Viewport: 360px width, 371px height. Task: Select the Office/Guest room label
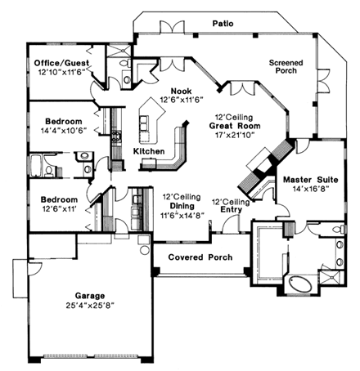point(62,63)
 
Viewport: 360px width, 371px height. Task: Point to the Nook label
point(182,91)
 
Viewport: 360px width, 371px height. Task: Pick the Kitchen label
point(149,152)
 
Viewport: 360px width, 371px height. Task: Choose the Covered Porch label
point(200,257)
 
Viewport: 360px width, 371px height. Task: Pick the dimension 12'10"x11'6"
point(62,73)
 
